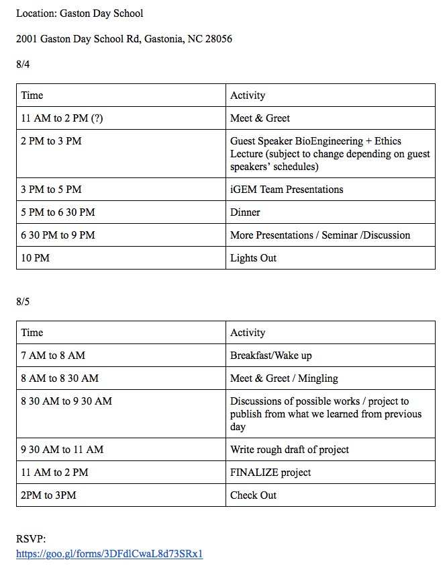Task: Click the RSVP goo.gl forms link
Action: click(x=109, y=555)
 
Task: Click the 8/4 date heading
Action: click(x=23, y=65)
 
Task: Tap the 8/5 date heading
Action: click(x=23, y=302)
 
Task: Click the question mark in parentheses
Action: click(x=97, y=118)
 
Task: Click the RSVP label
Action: click(x=31, y=540)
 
